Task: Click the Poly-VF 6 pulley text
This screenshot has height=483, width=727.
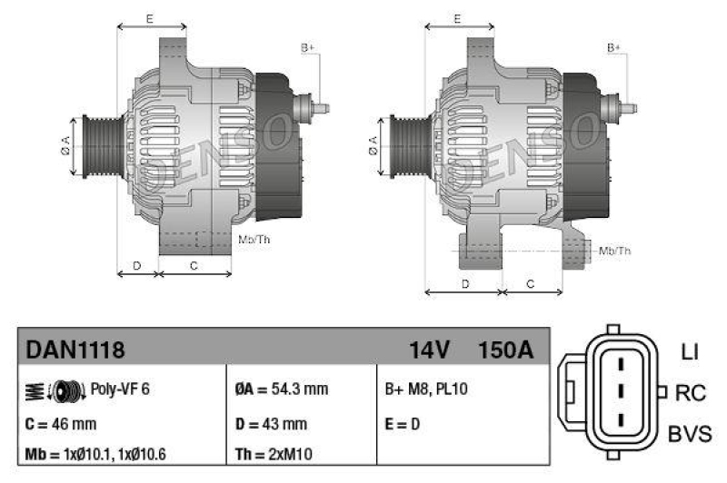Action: click(120, 389)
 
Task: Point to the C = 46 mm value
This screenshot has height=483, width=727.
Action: click(60, 423)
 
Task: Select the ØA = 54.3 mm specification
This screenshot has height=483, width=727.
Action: click(281, 389)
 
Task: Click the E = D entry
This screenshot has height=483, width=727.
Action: click(404, 423)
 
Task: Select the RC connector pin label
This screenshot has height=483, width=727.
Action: click(689, 393)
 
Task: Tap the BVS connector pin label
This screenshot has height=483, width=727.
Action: click(689, 434)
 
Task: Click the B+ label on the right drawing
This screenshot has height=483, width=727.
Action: click(614, 47)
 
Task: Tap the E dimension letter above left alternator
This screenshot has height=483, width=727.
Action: click(149, 18)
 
